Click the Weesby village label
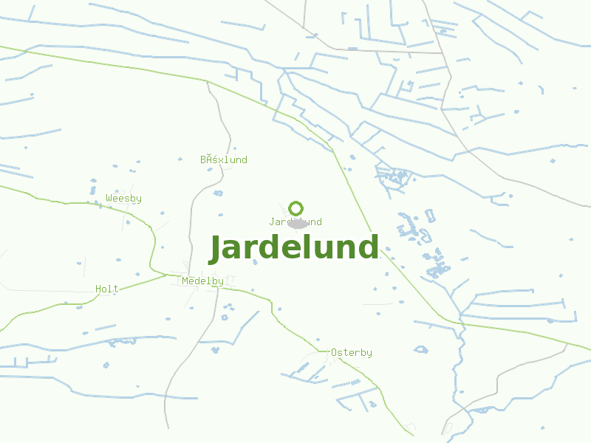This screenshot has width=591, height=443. (124, 199)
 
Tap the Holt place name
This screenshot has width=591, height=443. (107, 289)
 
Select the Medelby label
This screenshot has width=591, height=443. (202, 281)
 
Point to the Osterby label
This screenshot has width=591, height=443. (352, 353)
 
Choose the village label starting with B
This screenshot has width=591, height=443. (224, 160)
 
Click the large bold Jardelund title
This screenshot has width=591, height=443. (294, 248)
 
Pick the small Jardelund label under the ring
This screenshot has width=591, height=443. (295, 222)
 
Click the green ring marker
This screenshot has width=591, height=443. (296, 208)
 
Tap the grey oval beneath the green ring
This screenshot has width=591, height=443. (298, 224)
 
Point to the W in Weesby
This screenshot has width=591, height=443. (109, 199)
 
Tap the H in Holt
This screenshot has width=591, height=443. (98, 289)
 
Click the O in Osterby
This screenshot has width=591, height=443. (334, 353)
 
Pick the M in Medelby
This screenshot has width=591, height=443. (185, 281)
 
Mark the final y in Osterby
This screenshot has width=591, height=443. (369, 354)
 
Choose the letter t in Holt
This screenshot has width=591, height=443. (116, 289)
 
